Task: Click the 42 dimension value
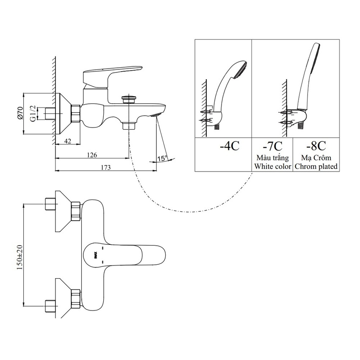tap(68, 141)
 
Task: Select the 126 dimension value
tap(91, 155)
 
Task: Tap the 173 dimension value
tap(105, 168)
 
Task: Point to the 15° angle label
tap(162, 158)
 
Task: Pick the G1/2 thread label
tap(33, 114)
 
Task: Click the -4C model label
tap(229, 147)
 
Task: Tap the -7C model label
tap(272, 147)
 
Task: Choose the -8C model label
tap(316, 147)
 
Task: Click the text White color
tap(273, 166)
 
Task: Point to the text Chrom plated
tap(316, 166)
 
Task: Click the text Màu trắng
tap(273, 158)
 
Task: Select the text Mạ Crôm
tap(316, 158)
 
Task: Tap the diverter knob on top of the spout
tap(128, 99)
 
